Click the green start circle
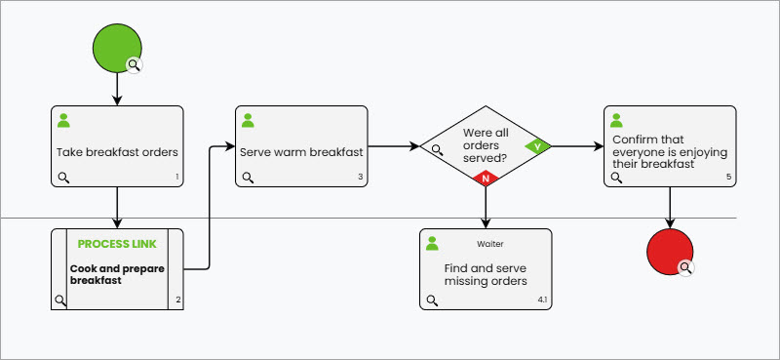point(117,46)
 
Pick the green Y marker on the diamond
point(537,146)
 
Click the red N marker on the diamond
point(486,179)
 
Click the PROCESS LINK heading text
point(117,244)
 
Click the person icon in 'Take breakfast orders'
point(64,121)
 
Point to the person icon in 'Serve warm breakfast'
point(248,121)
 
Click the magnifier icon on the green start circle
point(135,64)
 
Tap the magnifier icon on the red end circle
point(686,267)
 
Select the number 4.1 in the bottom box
point(542,299)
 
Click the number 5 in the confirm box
point(728,177)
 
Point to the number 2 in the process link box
point(177,299)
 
